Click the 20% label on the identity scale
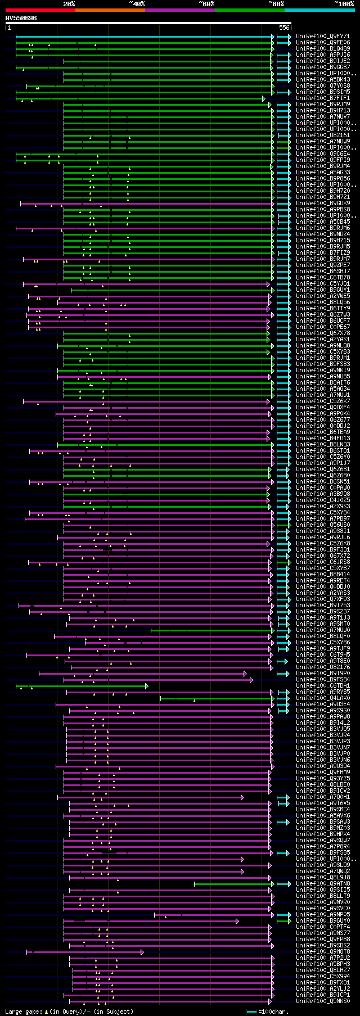tap(69, 4)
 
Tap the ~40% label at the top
tap(137, 4)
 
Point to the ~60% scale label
tap(206, 4)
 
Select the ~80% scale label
tap(276, 4)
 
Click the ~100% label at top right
tap(344, 4)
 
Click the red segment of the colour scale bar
tap(40, 10)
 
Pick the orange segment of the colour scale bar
tap(110, 10)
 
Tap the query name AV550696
tap(21, 18)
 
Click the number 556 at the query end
tap(284, 28)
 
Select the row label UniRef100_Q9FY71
tap(323, 36)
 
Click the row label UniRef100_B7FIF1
tap(323, 98)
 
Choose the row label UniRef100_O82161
tap(323, 135)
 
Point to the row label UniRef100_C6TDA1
tap(323, 686)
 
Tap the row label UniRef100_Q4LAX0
tap(323, 698)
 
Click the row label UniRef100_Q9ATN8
tap(323, 884)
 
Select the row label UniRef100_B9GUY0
tap(323, 921)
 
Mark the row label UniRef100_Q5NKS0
tap(323, 1001)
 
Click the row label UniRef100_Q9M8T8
tap(323, 952)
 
